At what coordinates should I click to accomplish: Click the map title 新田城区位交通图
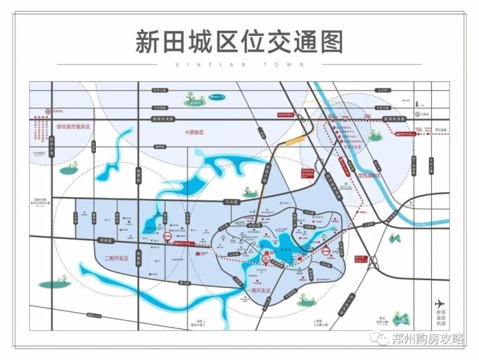click(239, 42)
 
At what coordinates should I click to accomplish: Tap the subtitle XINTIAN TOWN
click(239, 65)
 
